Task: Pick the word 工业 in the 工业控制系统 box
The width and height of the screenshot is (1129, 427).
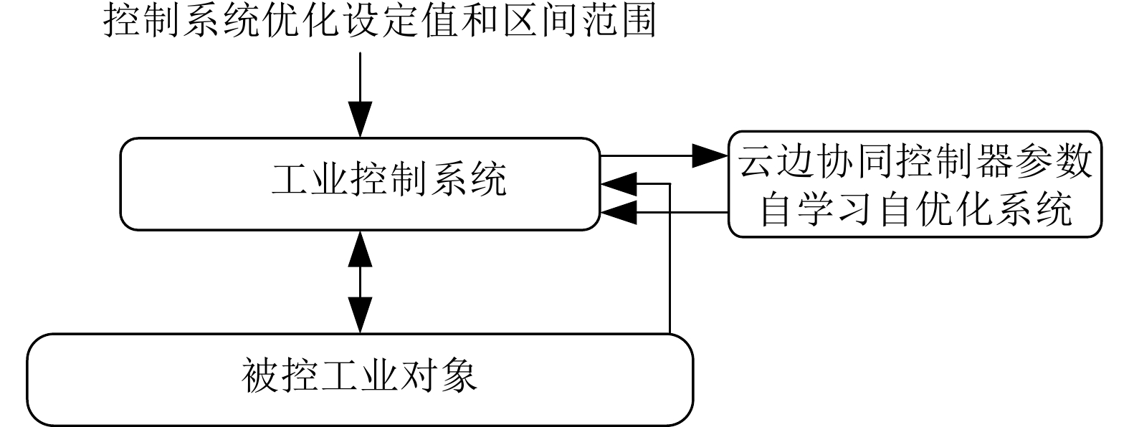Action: click(x=310, y=179)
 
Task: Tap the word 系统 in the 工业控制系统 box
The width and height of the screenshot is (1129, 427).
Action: click(x=467, y=179)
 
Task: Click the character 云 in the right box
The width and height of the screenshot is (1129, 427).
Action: click(x=757, y=161)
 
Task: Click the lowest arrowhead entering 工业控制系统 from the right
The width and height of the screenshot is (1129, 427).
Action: click(x=618, y=212)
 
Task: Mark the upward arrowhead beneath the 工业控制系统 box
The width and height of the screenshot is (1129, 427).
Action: click(x=360, y=247)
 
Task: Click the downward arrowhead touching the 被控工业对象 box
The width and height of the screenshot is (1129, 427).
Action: click(x=360, y=315)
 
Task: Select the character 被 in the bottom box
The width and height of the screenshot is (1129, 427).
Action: click(x=261, y=376)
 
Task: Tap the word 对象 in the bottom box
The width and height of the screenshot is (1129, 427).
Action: click(x=438, y=376)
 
